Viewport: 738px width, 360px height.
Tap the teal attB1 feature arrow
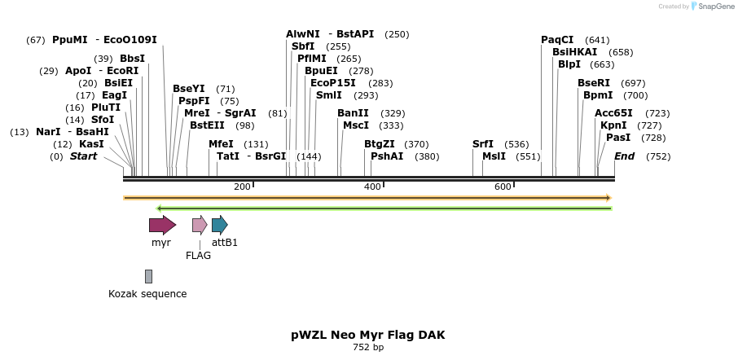[219, 225]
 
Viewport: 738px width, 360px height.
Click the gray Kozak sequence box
[148, 276]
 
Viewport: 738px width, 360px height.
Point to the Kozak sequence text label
[147, 294]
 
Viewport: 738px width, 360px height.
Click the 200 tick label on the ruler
[242, 187]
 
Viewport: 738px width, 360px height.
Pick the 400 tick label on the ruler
[372, 187]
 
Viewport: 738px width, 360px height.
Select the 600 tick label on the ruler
[503, 187]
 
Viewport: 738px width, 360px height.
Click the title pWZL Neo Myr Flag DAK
[368, 335]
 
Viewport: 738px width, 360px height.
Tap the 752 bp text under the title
[368, 348]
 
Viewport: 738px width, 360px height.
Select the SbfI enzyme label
[303, 46]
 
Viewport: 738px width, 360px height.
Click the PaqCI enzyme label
[557, 40]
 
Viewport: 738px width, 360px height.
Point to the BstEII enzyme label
[207, 125]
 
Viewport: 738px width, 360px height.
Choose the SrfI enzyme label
[483, 144]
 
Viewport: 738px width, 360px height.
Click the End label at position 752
[624, 156]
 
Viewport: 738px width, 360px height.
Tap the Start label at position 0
[83, 156]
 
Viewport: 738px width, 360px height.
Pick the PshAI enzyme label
[387, 156]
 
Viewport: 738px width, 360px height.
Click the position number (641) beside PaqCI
[597, 40]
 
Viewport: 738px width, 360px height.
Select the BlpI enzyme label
[569, 64]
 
